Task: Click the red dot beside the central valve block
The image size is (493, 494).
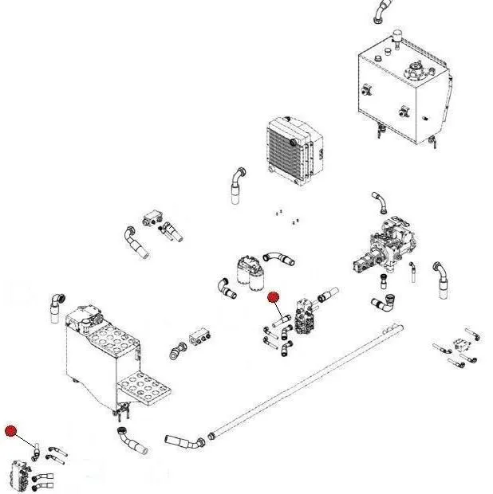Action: point(274,297)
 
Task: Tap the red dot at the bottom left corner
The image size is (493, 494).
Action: point(10,432)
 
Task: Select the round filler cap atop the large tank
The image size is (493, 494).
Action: point(415,70)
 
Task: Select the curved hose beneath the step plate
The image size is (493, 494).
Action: point(129,441)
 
